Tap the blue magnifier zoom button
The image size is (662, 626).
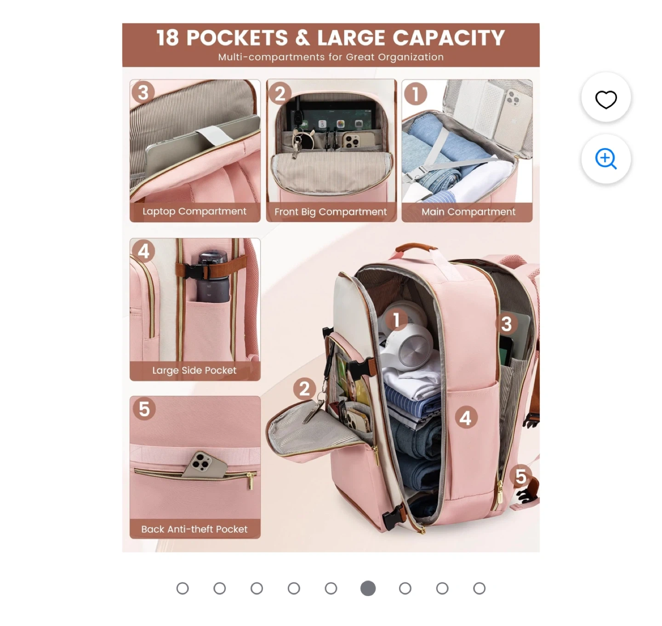(605, 158)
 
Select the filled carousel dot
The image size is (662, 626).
(368, 588)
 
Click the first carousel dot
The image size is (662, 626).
(183, 588)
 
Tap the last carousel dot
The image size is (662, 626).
(479, 588)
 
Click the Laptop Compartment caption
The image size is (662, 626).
(194, 211)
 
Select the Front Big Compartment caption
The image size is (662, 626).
(331, 212)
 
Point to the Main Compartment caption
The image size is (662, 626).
(468, 212)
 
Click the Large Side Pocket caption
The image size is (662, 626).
(194, 370)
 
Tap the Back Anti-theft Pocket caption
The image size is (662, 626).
(194, 529)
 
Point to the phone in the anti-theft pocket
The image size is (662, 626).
(205, 465)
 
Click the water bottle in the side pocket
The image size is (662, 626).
(213, 276)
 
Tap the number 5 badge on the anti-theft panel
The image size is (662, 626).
(144, 409)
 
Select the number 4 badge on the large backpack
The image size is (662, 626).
(466, 418)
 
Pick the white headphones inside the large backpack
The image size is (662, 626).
(406, 338)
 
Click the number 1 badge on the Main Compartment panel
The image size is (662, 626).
(415, 94)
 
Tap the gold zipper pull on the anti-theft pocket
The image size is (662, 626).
(251, 481)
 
